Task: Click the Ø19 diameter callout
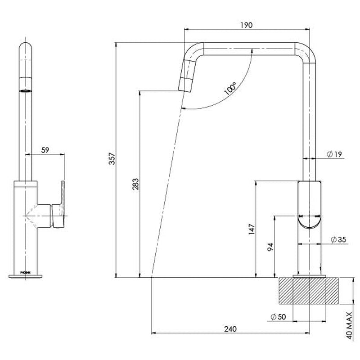pos(335,154)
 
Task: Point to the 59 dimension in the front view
pos(45,151)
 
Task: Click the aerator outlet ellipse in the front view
pos(26,90)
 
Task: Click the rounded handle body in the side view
pos(310,205)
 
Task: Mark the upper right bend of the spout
pos(306,52)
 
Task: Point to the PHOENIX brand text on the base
pos(26,272)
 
